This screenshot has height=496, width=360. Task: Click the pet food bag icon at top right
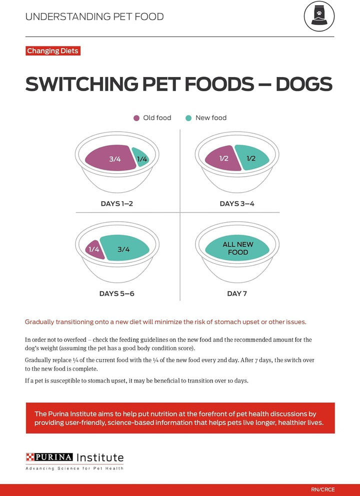coord(319,17)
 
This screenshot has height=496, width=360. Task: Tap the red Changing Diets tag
coord(52,51)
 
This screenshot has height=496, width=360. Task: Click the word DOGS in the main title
coord(303,84)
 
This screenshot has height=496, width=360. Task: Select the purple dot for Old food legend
coord(136,118)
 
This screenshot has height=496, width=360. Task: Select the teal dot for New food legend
coord(188,118)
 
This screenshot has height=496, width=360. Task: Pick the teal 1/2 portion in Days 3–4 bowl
coord(252,158)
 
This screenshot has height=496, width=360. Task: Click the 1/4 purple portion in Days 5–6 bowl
coord(94,249)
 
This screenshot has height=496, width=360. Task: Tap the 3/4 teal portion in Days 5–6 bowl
coord(125,249)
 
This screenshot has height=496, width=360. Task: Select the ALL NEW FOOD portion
coord(238,248)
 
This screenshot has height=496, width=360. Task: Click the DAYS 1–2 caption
coord(117,204)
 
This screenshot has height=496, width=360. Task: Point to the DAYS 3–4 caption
coord(237,204)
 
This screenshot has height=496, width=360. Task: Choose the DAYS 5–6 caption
coord(117,293)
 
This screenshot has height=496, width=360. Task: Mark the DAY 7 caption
coord(237,293)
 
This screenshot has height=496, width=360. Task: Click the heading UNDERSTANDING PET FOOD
coord(94,17)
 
